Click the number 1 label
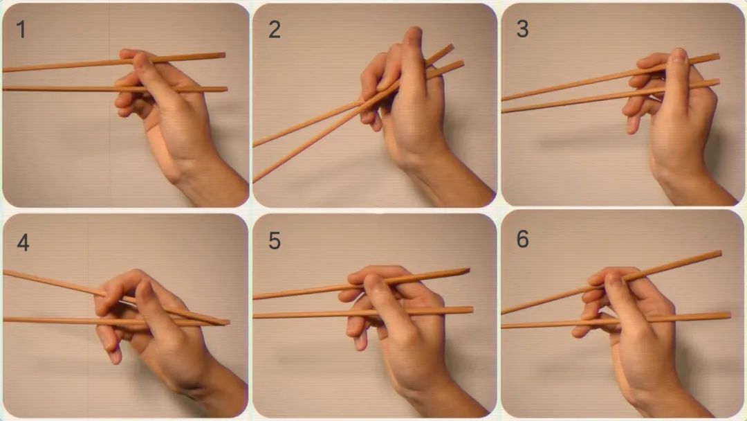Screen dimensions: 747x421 [x=21, y=30]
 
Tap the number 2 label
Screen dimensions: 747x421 [x=275, y=30]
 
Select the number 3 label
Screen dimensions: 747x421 [x=523, y=29]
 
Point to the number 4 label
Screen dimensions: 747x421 [x=23, y=242]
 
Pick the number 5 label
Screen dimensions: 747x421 [x=275, y=241]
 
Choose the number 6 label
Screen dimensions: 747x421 [x=523, y=239]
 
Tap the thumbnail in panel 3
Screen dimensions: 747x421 [x=679, y=55]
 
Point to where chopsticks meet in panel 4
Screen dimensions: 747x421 [x=223, y=322]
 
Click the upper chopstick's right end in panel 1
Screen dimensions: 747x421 [x=223, y=56]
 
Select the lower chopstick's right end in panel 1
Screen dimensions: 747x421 [x=225, y=89]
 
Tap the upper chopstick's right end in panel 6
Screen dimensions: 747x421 [x=720, y=253]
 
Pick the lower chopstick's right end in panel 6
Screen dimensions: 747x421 [x=729, y=316]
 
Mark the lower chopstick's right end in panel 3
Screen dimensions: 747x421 [x=718, y=82]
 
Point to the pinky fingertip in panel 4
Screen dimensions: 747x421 [x=116, y=359]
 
